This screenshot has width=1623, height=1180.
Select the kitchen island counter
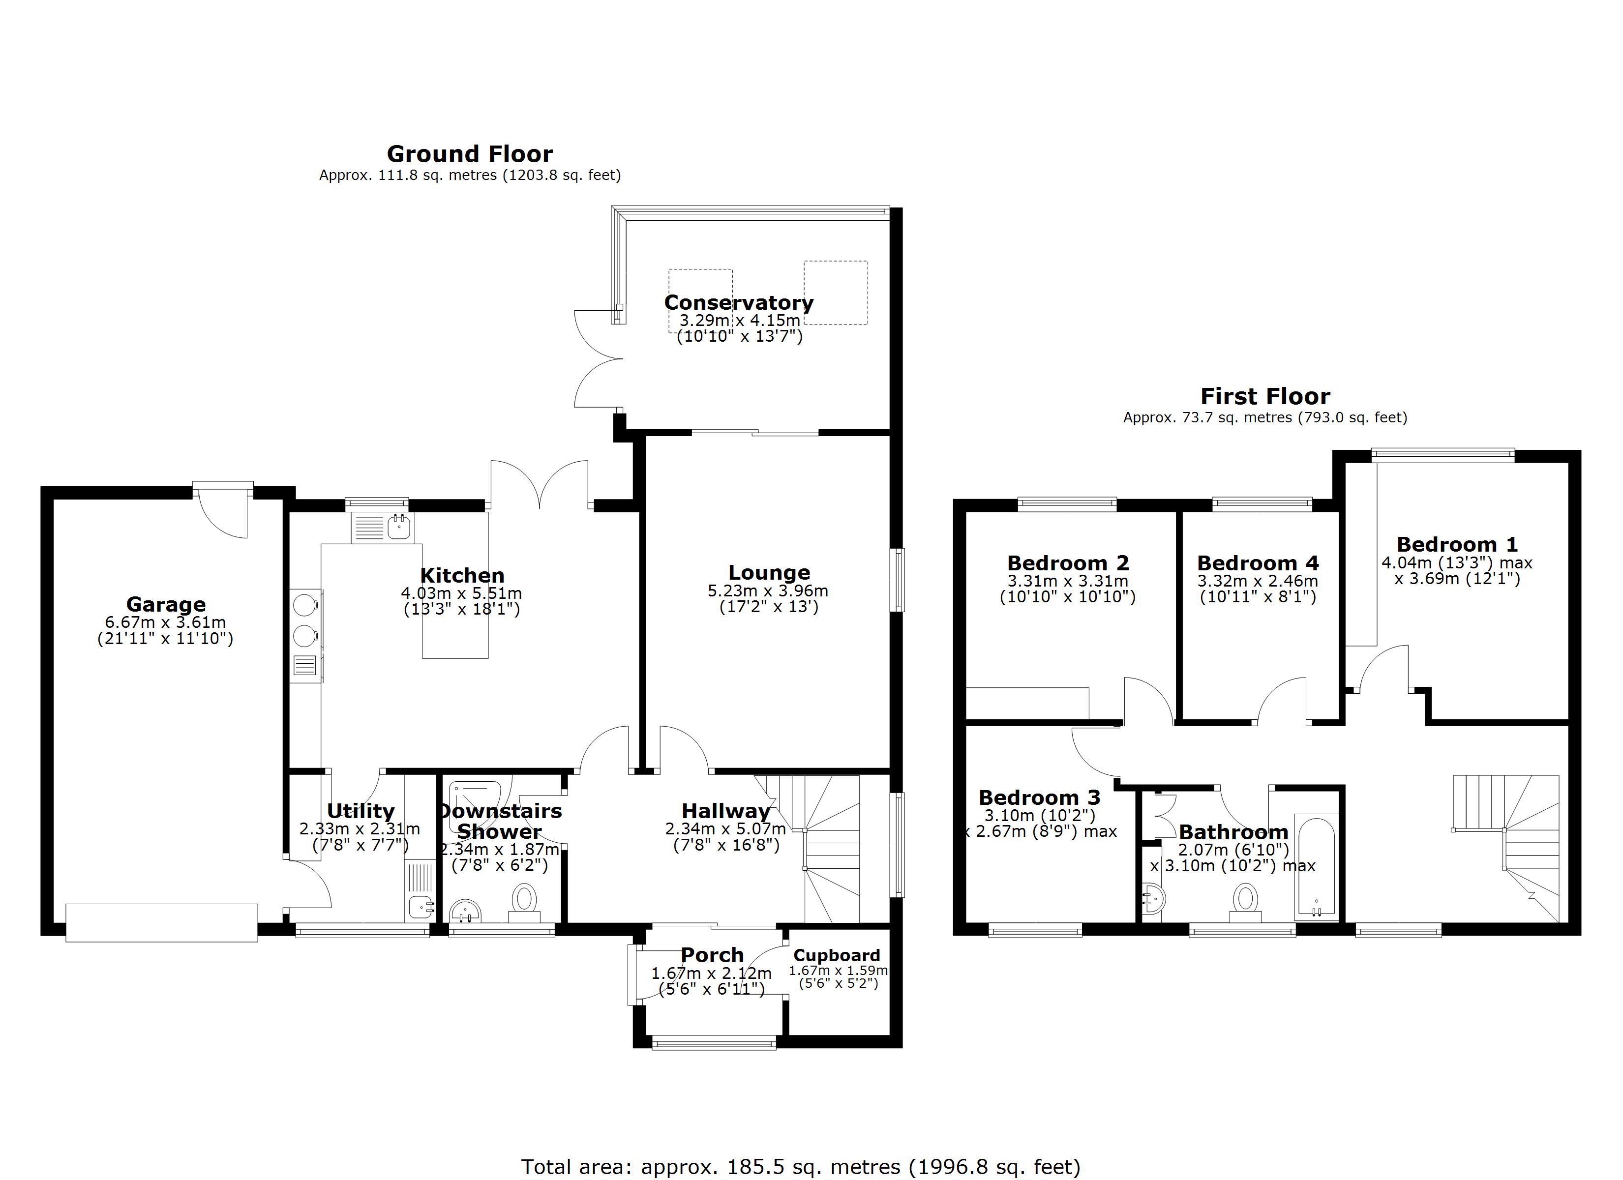click(455, 637)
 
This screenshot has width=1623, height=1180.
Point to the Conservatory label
click(739, 303)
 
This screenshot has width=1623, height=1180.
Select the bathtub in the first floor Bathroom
click(1315, 867)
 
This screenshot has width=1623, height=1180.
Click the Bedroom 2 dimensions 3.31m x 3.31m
click(1068, 581)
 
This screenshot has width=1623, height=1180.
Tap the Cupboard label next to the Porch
click(837, 955)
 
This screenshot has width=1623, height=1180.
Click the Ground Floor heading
click(469, 154)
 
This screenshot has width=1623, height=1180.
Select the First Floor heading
click(1264, 396)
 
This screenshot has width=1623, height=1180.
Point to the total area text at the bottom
click(800, 1167)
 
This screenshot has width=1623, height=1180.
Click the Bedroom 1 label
click(1456, 545)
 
